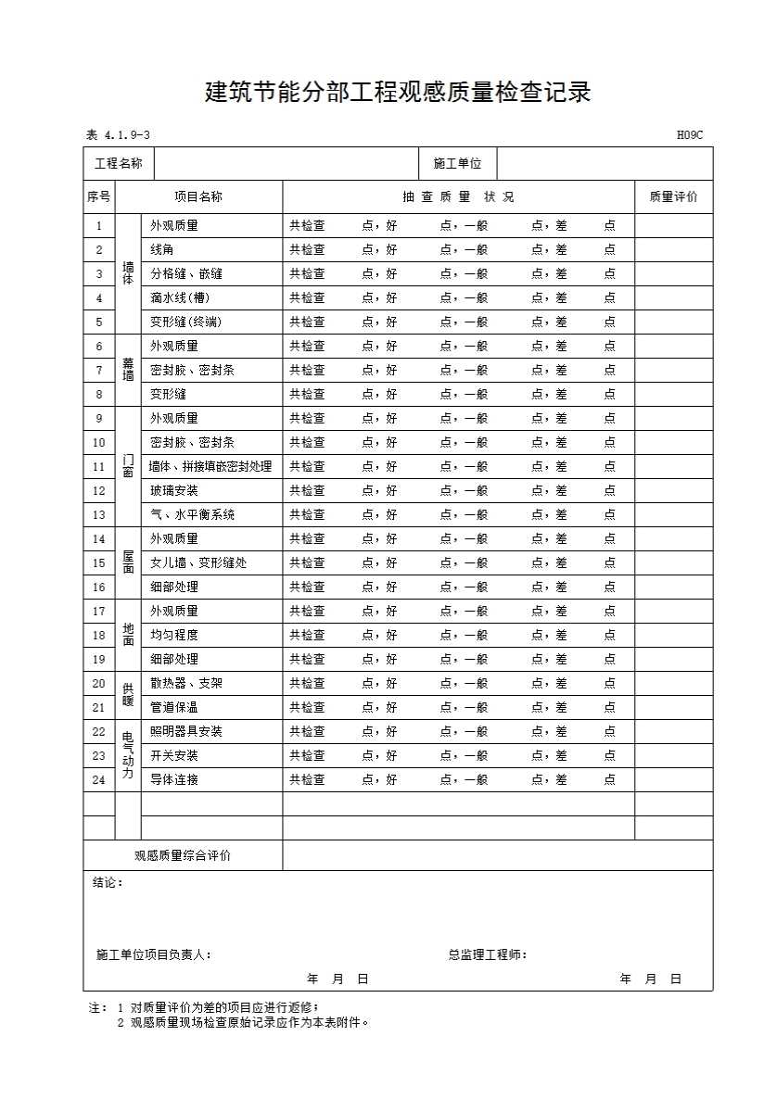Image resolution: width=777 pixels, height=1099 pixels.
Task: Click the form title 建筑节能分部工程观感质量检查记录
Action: click(x=398, y=93)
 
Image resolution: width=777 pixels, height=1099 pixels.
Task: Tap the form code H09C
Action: click(x=689, y=136)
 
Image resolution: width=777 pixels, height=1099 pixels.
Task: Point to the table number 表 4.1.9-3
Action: click(x=118, y=136)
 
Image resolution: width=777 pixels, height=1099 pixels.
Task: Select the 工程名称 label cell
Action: click(x=119, y=164)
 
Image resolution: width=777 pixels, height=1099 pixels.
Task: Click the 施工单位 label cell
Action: click(x=457, y=164)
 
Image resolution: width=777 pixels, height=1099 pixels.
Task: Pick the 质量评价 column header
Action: click(x=673, y=196)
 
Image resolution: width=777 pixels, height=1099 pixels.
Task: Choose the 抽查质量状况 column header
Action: click(x=458, y=196)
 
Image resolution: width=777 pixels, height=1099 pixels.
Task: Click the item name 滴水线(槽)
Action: click(x=180, y=297)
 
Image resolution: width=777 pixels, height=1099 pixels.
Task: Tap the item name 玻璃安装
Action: click(x=174, y=490)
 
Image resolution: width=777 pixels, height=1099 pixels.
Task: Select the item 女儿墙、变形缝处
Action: click(x=198, y=562)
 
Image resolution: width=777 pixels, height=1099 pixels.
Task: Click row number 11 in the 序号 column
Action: click(x=99, y=466)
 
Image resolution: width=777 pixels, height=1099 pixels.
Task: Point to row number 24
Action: click(x=99, y=779)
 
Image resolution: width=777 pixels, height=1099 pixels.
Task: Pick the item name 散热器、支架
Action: click(x=186, y=683)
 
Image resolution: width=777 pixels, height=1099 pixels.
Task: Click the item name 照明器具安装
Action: click(x=186, y=731)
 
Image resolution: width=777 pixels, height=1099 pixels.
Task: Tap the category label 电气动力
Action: click(x=128, y=755)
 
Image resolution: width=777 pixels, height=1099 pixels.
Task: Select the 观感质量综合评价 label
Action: click(x=183, y=855)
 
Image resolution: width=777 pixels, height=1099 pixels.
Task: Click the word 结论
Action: click(x=107, y=883)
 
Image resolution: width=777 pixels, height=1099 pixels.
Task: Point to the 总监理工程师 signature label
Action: click(x=488, y=954)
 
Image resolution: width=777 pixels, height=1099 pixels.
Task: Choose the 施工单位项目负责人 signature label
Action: click(x=154, y=954)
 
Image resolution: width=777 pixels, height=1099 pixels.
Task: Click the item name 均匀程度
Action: click(x=174, y=635)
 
